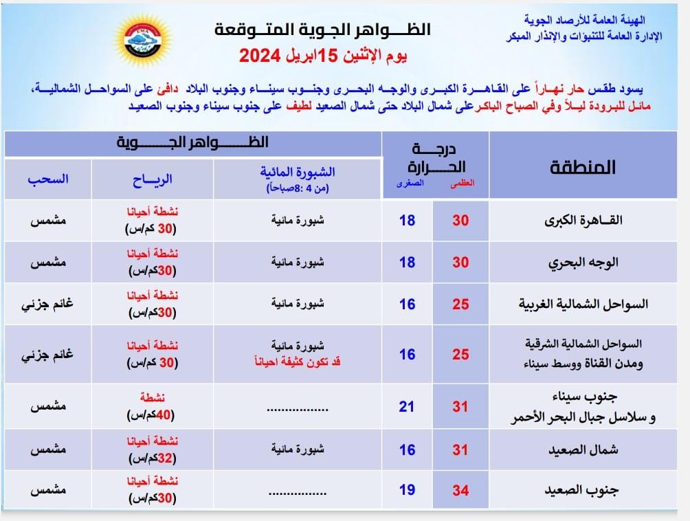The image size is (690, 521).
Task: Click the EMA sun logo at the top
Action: (144, 40)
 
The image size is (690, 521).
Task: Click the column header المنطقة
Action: (583, 167)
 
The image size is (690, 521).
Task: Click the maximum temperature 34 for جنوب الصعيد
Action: (460, 491)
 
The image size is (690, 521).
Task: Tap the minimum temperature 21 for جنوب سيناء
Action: (407, 406)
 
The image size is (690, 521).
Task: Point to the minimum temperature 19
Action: (407, 491)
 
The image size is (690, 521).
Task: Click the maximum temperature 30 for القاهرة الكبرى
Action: (460, 221)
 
